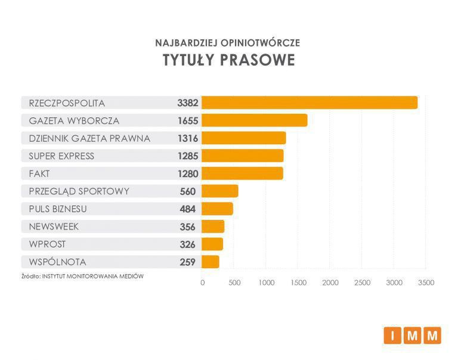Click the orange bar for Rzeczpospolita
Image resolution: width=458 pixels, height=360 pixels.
click(310, 103)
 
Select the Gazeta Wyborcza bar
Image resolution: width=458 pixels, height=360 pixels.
click(255, 120)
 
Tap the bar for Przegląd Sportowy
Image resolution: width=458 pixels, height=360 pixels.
click(220, 191)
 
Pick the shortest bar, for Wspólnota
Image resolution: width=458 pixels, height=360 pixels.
click(211, 262)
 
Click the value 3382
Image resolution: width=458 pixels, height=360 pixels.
click(187, 103)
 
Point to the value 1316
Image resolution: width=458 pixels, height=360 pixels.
click(187, 138)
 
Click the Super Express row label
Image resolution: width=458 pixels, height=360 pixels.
click(61, 156)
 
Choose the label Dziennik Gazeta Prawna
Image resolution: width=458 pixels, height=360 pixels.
click(89, 138)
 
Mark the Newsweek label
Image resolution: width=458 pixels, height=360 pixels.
click(54, 226)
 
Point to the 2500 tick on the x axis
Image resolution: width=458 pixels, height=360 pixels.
click(362, 283)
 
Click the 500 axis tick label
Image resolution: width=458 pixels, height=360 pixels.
click(234, 283)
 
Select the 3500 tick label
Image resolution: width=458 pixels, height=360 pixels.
click(426, 283)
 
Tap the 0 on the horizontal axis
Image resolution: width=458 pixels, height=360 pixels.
click(203, 283)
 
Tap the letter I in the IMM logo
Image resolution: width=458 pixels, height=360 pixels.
click(392, 336)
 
